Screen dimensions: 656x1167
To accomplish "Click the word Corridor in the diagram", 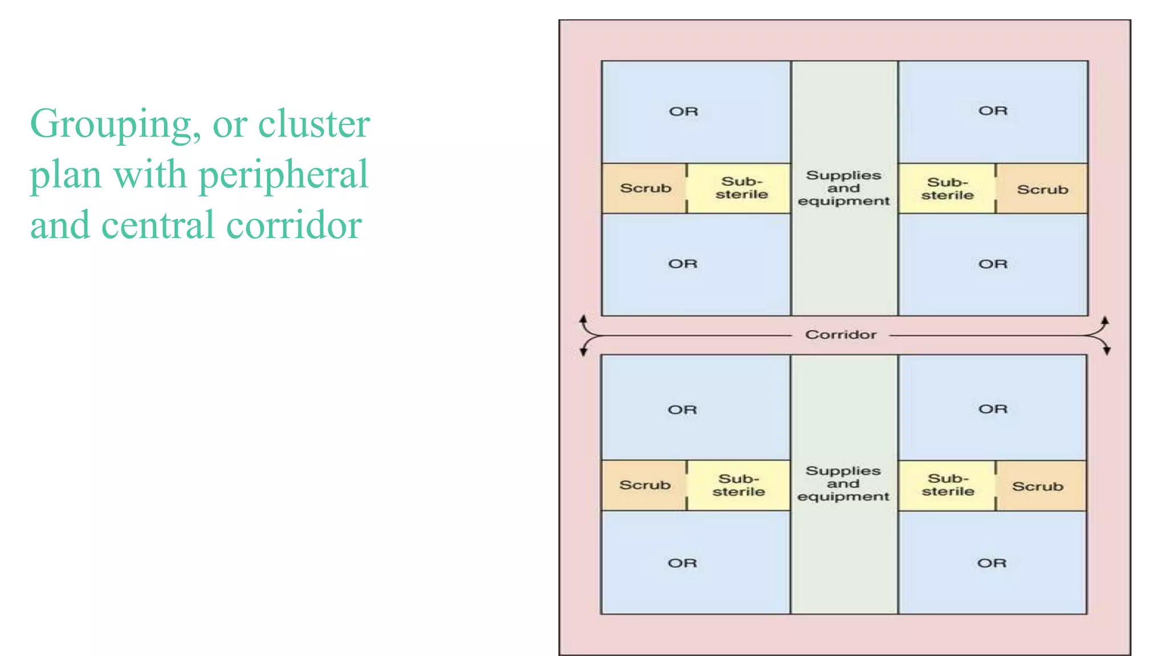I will [x=840, y=335].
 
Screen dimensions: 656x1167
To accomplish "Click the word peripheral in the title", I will [x=283, y=175].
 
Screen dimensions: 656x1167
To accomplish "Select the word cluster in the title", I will [x=314, y=124].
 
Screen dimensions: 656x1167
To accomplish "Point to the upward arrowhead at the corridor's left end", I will [x=583, y=319].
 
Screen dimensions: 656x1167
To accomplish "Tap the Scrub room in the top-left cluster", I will [x=645, y=188].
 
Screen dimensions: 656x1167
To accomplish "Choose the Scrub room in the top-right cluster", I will [x=1042, y=190].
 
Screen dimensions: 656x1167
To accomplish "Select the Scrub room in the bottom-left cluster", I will [x=644, y=485].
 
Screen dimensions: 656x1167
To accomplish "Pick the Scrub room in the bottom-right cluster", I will [x=1038, y=486].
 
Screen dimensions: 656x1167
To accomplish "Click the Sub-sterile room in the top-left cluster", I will [x=741, y=188].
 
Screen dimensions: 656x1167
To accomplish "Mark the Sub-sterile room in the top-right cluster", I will [x=947, y=189].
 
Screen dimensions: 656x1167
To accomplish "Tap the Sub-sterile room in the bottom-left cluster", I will [x=738, y=485].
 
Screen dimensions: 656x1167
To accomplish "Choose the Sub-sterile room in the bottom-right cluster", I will [x=948, y=485].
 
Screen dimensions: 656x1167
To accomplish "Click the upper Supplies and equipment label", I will [x=843, y=188].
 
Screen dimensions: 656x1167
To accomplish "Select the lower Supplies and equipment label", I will [x=843, y=484].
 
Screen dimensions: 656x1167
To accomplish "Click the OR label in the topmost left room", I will [x=683, y=112].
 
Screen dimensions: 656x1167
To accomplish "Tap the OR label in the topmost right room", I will [x=993, y=111].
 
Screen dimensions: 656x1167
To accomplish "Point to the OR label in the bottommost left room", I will [x=682, y=563].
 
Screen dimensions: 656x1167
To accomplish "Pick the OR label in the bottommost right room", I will [x=991, y=563].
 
